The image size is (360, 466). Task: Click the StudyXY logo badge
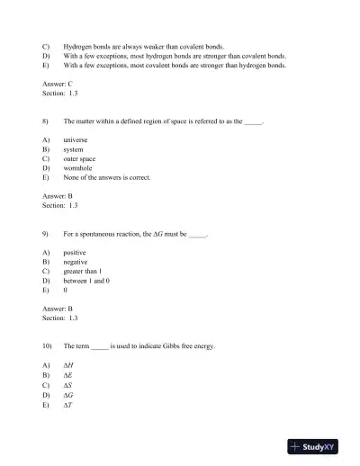pos(319,446)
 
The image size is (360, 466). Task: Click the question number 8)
pos(46,120)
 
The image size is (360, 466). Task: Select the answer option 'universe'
pos(76,140)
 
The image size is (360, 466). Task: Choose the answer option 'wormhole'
pos(77,168)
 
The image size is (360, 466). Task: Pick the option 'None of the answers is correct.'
pos(106,177)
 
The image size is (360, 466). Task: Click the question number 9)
pos(46,234)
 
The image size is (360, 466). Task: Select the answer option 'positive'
pos(75,253)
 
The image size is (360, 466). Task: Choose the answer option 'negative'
pos(76,262)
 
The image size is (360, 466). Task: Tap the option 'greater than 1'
pos(83,272)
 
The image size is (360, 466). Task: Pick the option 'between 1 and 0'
pos(86,281)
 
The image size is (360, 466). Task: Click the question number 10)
pos(48,346)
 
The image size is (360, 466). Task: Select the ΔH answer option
pos(68,365)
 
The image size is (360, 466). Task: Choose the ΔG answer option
pos(68,394)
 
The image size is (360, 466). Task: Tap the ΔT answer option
pos(68,404)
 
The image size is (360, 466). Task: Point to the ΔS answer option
pos(68,385)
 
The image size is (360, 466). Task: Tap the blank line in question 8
pos(253,121)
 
